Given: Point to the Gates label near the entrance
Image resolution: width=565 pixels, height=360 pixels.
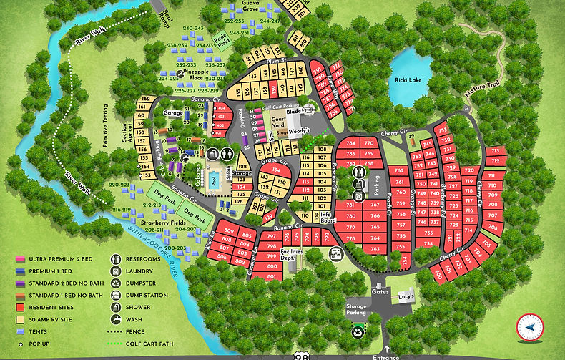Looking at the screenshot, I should point(380,292).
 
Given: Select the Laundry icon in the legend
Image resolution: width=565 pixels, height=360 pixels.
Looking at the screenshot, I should point(114,271).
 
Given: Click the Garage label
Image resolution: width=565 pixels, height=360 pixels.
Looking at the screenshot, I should point(173,113).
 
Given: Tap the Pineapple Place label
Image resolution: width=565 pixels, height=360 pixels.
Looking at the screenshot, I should point(190,75).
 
